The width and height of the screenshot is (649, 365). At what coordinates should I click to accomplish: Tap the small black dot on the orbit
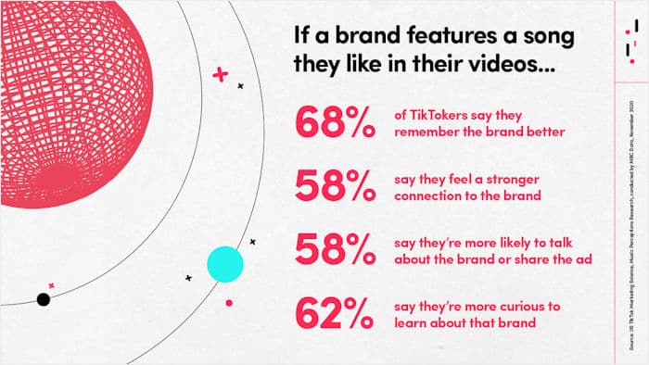[43, 298]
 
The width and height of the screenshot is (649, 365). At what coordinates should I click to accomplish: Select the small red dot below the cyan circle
[228, 302]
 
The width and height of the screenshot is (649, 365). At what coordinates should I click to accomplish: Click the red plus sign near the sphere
[220, 73]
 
